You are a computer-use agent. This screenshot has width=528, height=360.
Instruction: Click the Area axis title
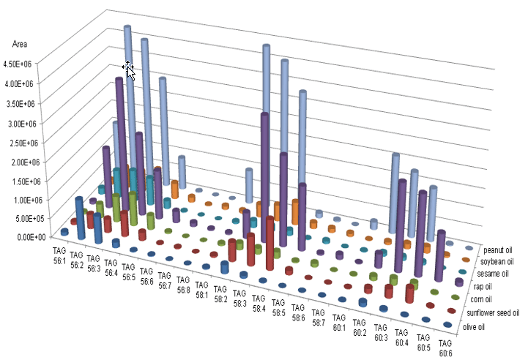[21, 44]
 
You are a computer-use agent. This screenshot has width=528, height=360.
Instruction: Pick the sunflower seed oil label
[494, 313]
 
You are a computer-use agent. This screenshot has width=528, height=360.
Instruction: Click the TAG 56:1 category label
[59, 255]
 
